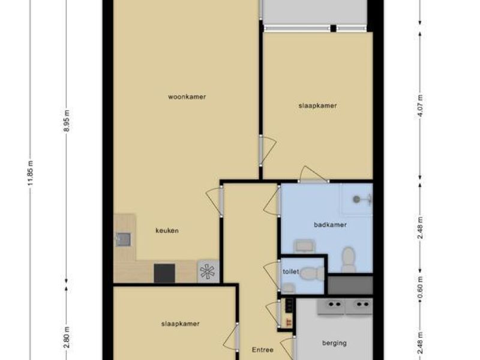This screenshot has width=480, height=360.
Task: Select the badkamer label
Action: click(x=326, y=224)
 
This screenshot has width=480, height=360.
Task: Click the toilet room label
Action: click(x=290, y=271)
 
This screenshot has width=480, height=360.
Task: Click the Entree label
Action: click(x=263, y=350)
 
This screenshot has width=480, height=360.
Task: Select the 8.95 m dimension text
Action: click(x=67, y=122)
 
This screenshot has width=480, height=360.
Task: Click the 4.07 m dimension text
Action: click(x=421, y=106)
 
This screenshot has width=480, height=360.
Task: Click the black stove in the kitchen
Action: click(x=164, y=273)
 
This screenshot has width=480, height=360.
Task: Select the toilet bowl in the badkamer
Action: click(x=349, y=260)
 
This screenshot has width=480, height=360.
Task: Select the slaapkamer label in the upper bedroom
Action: click(x=317, y=106)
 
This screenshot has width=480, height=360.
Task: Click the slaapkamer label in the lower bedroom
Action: click(x=180, y=323)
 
